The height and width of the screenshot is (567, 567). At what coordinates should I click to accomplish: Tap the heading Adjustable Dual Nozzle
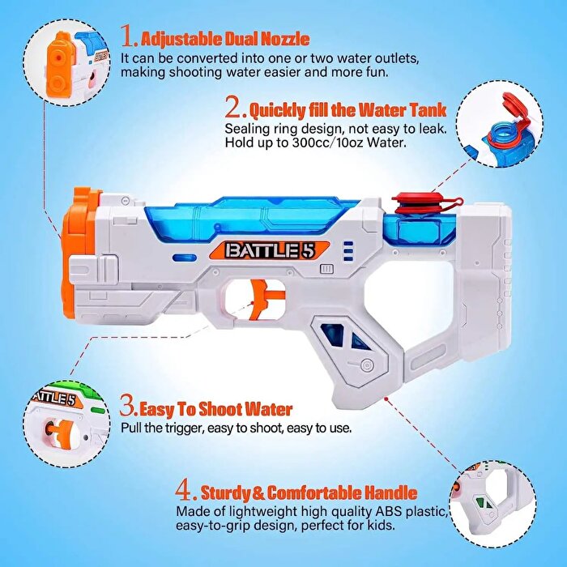[224, 38]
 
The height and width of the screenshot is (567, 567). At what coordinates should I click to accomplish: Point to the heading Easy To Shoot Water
[215, 409]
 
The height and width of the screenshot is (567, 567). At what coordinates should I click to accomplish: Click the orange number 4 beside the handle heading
[185, 492]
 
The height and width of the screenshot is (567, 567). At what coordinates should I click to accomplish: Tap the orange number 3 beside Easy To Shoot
[128, 407]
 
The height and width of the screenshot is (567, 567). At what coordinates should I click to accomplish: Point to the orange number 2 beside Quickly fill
[234, 107]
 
